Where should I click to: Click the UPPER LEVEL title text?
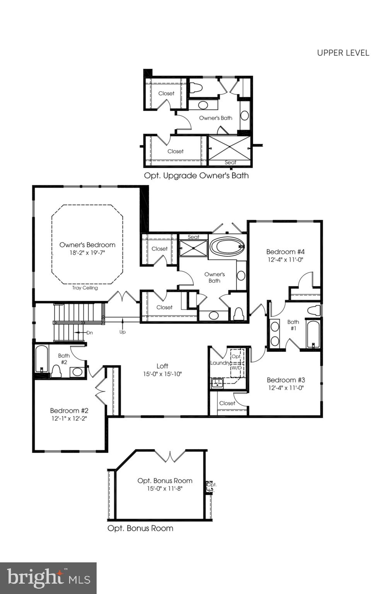point(343,53)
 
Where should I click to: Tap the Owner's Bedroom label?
point(87,245)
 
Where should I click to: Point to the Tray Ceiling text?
point(85,288)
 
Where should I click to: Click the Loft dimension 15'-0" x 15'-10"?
point(162,374)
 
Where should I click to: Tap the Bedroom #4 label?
point(285,252)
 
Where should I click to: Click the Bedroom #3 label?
point(286,380)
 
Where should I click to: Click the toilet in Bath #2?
point(56,371)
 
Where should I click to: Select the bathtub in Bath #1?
point(313,333)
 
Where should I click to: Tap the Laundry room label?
point(220,363)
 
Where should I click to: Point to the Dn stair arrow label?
point(89,333)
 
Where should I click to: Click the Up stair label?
point(123,332)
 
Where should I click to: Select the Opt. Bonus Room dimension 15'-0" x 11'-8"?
point(165,488)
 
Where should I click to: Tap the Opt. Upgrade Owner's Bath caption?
point(196,176)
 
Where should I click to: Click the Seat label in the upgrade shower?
point(230,162)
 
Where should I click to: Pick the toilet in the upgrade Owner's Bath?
point(196,88)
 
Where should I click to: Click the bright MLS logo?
point(48,578)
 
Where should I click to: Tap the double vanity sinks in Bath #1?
point(275,334)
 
